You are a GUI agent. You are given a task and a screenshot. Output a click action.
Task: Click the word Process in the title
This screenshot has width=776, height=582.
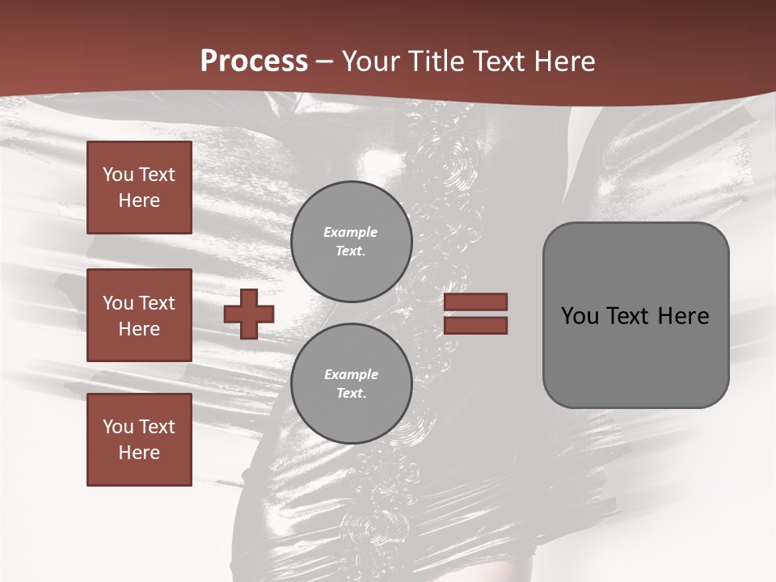(254, 61)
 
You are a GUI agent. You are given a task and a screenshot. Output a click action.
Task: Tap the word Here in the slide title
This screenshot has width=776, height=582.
(565, 61)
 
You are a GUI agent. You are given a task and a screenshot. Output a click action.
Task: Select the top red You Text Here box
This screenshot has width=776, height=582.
(139, 188)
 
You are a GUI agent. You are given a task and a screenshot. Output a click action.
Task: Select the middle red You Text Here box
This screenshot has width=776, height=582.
(139, 315)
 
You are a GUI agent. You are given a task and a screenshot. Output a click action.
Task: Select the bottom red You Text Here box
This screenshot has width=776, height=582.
(139, 440)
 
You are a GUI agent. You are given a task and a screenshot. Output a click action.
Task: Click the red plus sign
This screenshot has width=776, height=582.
(249, 314)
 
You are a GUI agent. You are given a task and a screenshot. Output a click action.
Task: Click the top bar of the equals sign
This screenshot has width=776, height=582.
(476, 302)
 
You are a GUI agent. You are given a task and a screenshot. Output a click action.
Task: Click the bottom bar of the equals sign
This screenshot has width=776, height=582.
(476, 325)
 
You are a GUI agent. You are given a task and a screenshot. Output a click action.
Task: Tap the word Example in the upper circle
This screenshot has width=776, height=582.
(351, 232)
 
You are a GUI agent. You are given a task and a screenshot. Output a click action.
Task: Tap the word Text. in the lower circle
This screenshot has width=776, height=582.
(351, 394)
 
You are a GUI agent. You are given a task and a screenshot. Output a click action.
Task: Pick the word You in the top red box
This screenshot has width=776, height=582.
(116, 175)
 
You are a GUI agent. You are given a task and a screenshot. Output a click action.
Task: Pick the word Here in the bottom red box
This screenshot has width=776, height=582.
(139, 453)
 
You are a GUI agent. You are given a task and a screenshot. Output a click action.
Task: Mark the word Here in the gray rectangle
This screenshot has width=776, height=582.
(683, 316)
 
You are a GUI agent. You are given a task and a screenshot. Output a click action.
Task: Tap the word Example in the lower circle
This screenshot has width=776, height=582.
(351, 374)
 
